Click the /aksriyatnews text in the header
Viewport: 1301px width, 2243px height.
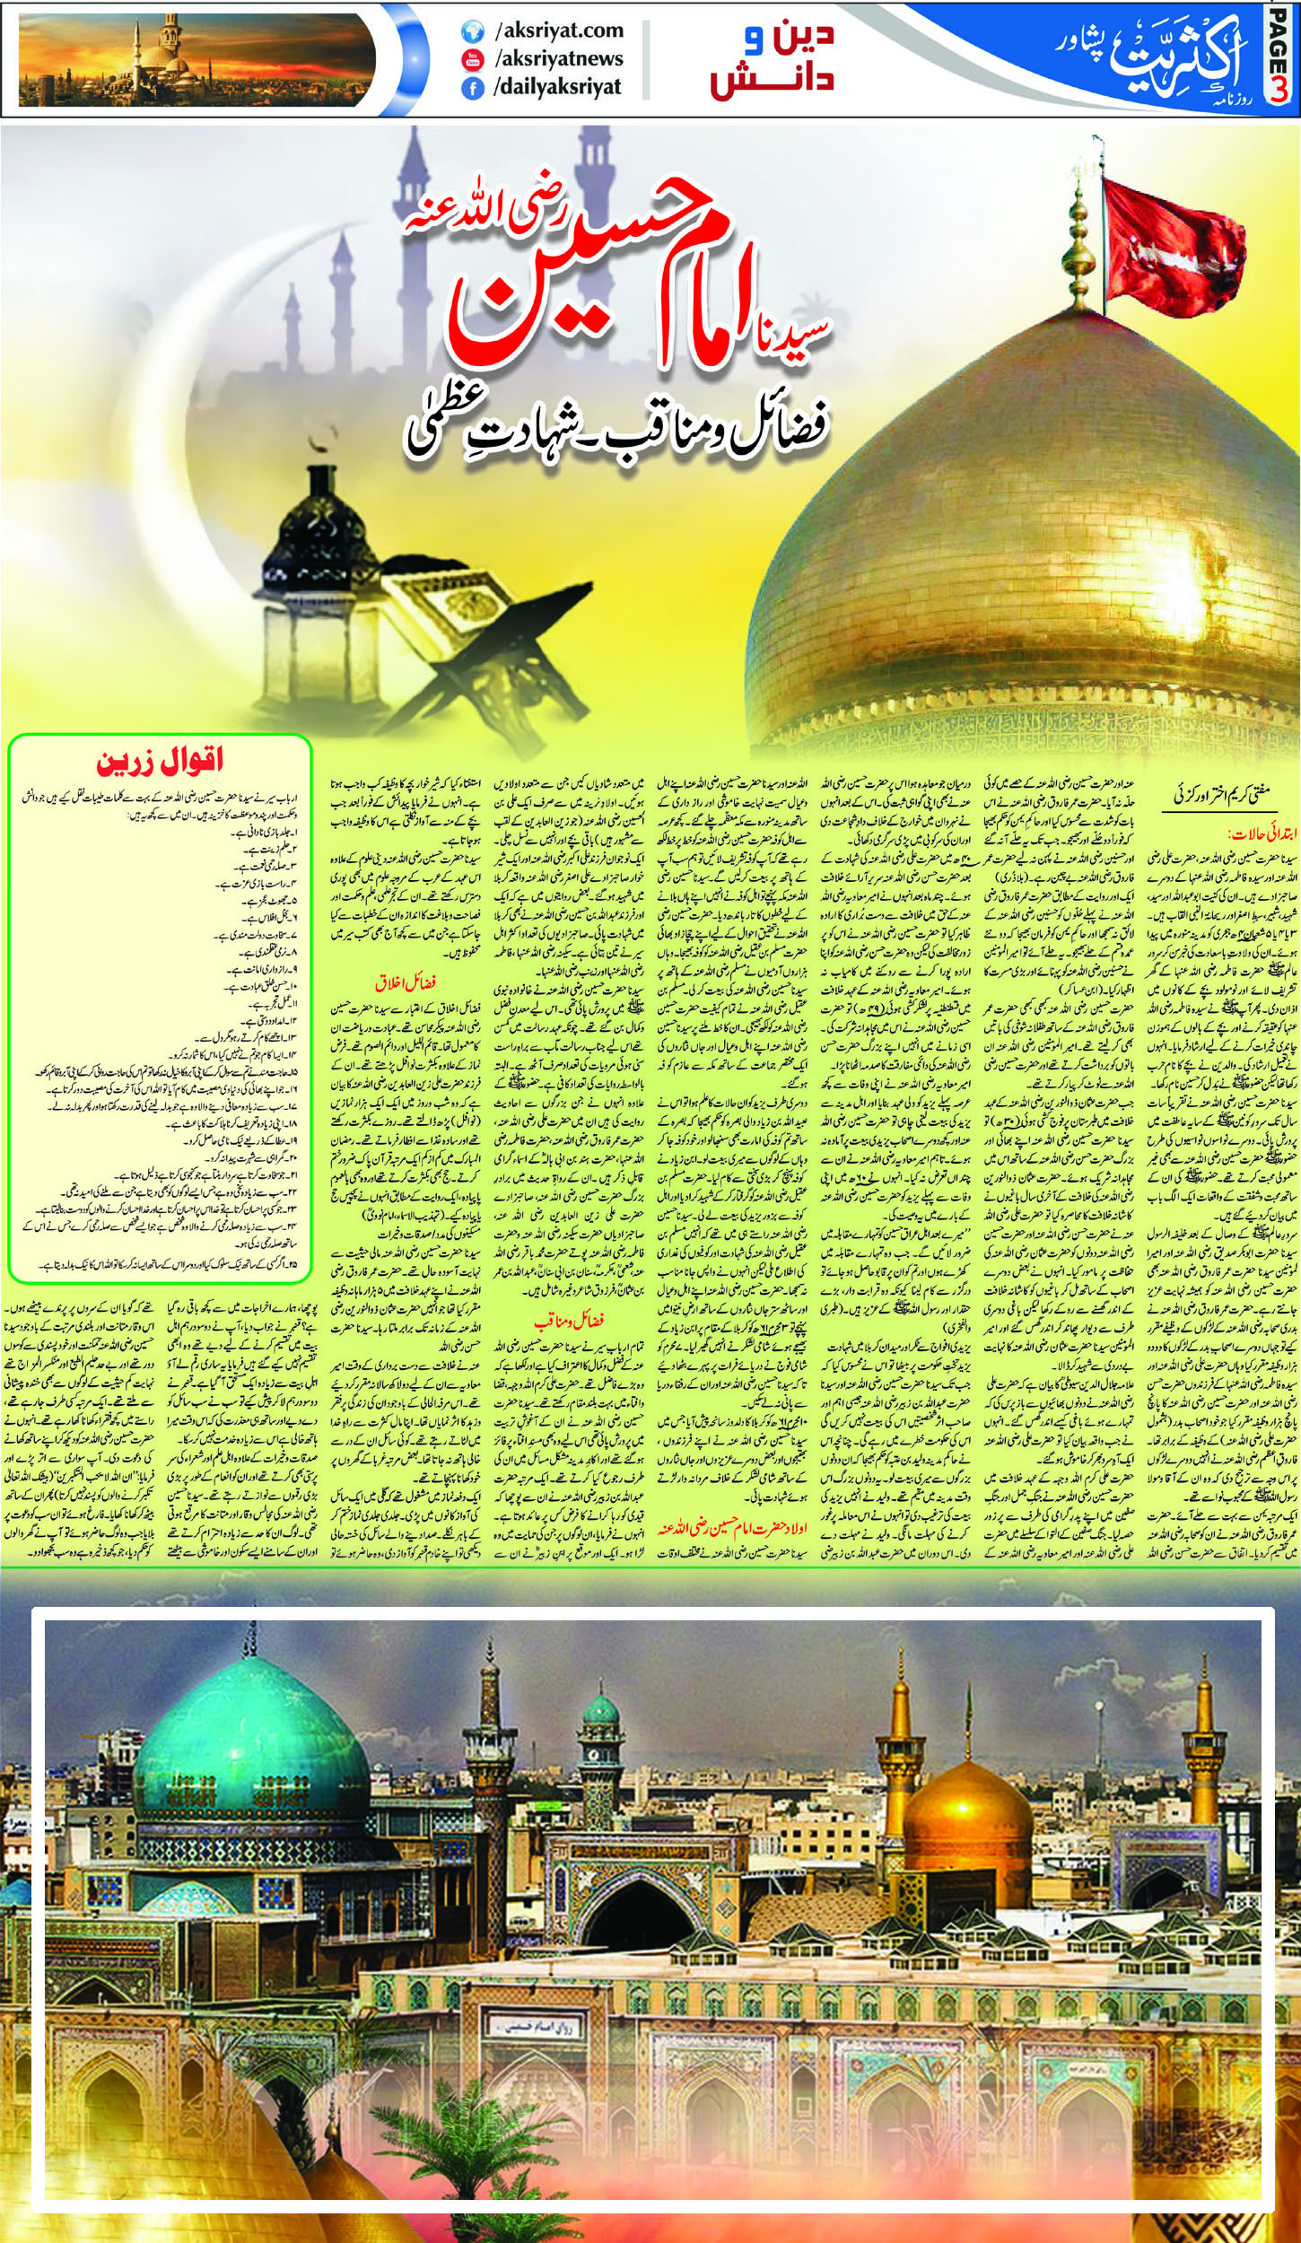coord(558,59)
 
